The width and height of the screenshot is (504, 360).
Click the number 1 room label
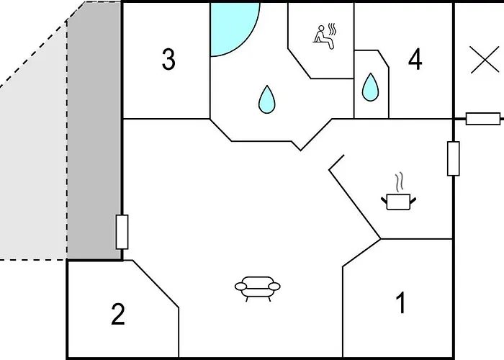[402, 302]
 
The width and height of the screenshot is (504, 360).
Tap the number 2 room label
[118, 314]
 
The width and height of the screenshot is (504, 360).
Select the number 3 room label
[168, 59]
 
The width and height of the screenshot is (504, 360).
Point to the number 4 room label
[415, 59]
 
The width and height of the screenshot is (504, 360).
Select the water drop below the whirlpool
[267, 99]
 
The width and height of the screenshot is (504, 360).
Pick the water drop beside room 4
[370, 87]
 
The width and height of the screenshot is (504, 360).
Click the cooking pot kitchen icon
[399, 202]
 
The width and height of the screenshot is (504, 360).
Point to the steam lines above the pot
[399, 182]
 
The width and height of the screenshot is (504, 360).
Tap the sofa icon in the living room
[258, 288]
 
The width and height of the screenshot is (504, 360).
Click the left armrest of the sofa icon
[241, 286]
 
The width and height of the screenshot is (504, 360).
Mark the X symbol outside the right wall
[485, 60]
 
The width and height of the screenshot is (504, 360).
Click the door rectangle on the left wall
[122, 232]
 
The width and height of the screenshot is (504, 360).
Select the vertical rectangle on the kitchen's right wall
[453, 158]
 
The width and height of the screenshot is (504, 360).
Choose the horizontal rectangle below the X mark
[483, 119]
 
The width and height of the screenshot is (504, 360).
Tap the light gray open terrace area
[34, 171]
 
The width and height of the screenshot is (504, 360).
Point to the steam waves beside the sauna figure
[333, 30]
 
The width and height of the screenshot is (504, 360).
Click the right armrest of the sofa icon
[274, 286]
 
